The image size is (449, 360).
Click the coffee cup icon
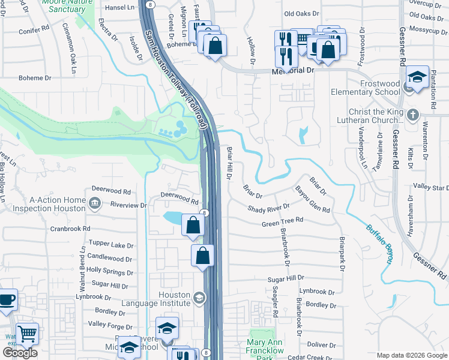[6, 299]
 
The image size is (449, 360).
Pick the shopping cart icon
[28, 333]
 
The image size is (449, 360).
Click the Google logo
[20, 353]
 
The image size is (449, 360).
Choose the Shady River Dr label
[270, 208]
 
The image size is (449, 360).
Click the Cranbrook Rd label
[70, 229]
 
